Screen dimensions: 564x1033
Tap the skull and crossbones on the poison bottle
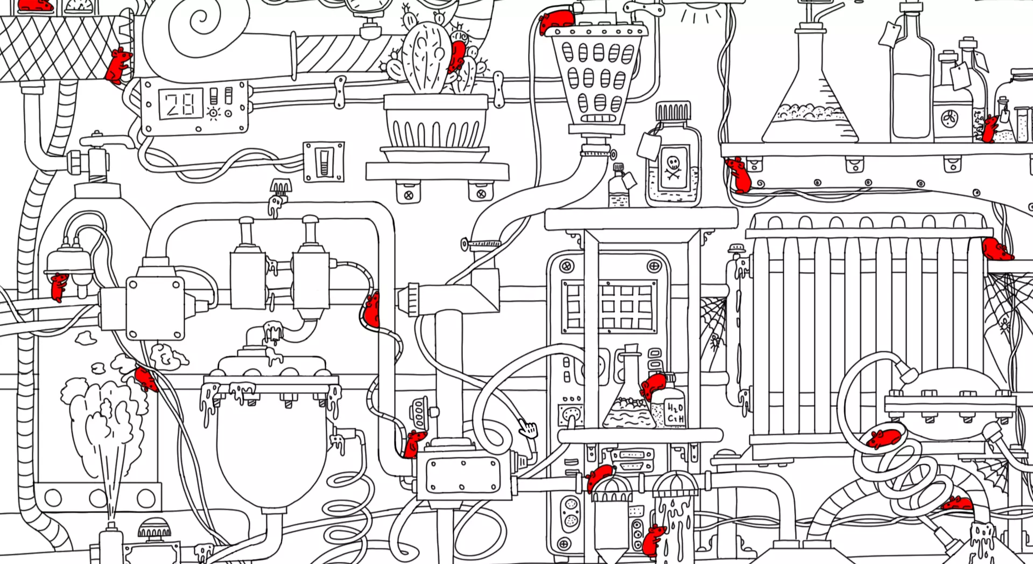tap(673, 168)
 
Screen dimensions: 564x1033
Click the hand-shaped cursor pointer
tap(528, 429)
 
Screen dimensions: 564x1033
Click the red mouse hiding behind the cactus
tap(458, 54)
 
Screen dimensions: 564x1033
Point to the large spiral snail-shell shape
tap(202, 24)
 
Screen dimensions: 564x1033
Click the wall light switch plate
tap(324, 162)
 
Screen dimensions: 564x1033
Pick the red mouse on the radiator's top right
tap(996, 249)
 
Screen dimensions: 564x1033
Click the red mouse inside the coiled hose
tap(883, 437)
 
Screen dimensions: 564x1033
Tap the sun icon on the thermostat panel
tap(214, 114)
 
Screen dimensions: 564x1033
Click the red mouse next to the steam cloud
tap(145, 378)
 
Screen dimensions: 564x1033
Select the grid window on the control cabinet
tap(609, 306)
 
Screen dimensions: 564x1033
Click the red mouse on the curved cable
tap(371, 310)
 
